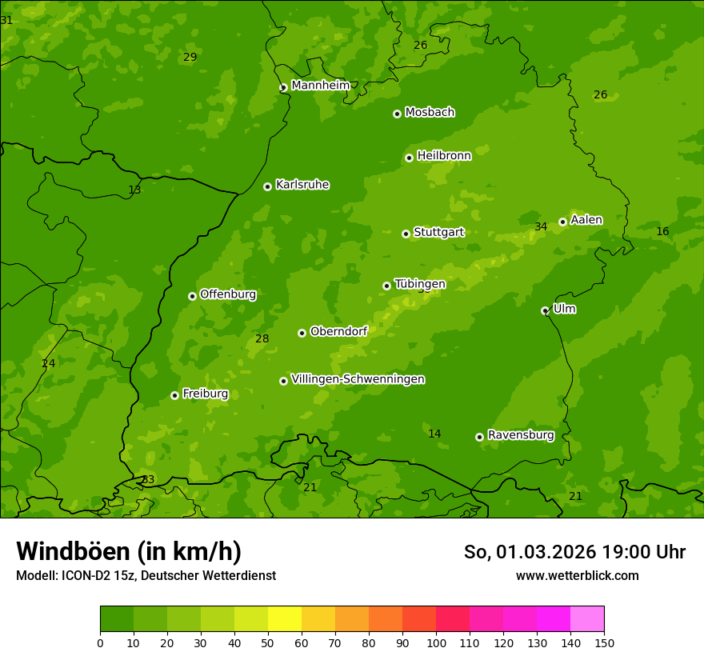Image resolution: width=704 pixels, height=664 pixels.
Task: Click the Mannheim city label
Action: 320,85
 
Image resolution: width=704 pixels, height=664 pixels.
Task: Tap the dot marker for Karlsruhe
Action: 267,186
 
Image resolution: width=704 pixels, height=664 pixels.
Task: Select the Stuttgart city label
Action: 438,232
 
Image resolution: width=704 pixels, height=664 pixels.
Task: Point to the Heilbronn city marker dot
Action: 409,158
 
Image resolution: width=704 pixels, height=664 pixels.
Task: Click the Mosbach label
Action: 430,112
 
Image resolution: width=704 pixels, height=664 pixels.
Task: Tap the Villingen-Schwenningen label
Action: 358,379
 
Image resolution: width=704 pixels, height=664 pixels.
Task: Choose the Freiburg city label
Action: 205,394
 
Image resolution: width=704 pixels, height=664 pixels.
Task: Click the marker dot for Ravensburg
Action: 479,437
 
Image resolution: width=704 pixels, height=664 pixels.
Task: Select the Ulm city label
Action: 564,309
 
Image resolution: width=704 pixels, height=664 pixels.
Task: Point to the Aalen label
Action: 586,220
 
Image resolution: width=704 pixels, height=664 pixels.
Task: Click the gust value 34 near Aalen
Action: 541,226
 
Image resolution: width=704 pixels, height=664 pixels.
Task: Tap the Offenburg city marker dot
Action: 192,296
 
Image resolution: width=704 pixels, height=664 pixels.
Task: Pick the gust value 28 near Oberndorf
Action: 262,338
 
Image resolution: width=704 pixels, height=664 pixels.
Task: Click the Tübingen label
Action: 420,284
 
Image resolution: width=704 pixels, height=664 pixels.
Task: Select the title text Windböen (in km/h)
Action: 129,551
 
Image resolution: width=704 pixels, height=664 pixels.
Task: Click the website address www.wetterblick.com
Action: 577,575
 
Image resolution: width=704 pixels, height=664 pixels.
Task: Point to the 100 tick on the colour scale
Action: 436,642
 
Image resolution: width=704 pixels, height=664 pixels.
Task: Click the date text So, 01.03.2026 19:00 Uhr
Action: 574,552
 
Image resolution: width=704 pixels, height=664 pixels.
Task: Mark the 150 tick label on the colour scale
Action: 604,642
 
